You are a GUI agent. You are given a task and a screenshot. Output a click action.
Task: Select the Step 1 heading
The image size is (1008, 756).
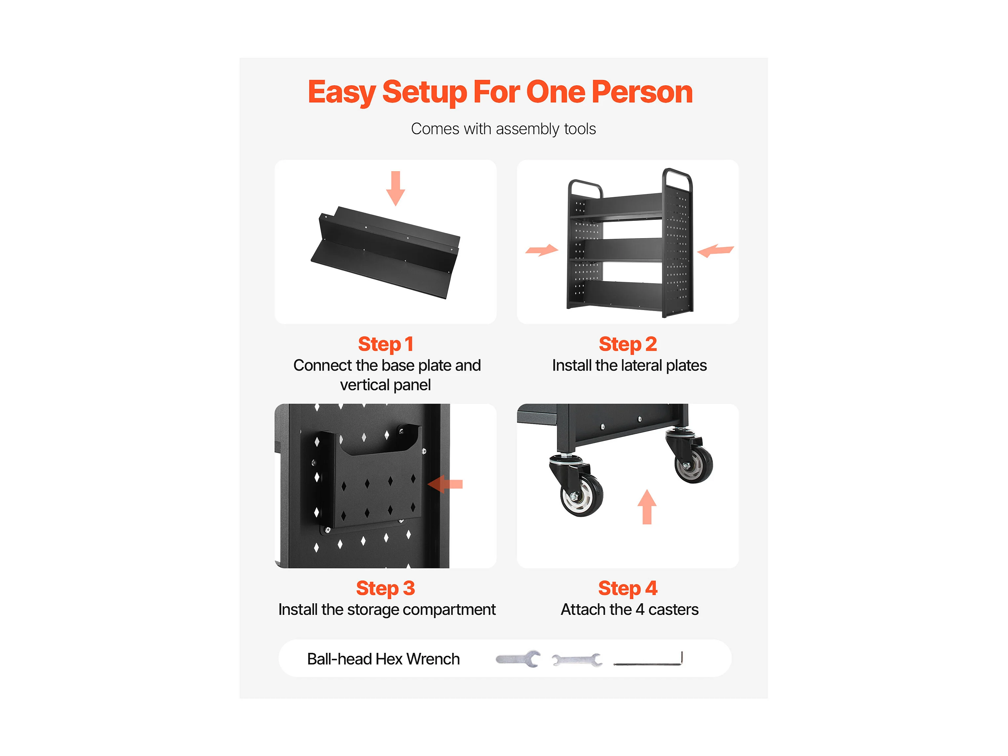click(386, 344)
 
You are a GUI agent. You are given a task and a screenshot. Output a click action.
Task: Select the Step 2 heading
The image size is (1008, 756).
click(628, 344)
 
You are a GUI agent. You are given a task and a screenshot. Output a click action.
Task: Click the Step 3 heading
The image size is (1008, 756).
click(386, 588)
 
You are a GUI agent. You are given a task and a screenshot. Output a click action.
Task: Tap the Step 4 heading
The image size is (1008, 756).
click(628, 588)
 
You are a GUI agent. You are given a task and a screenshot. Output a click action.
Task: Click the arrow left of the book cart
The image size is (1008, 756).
click(542, 250)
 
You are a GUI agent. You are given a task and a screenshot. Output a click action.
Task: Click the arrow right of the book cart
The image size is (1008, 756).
click(716, 250)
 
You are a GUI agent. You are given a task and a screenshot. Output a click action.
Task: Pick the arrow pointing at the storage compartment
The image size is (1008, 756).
click(445, 484)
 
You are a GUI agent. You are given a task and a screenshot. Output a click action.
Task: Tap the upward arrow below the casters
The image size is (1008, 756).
click(647, 507)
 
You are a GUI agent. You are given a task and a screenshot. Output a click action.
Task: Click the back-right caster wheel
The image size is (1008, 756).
click(694, 465)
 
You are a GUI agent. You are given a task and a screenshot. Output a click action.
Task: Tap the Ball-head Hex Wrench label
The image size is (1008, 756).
click(383, 659)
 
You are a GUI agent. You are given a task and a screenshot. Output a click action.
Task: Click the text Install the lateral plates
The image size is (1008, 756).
click(629, 366)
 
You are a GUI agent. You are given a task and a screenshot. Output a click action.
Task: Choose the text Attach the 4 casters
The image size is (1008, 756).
click(629, 610)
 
